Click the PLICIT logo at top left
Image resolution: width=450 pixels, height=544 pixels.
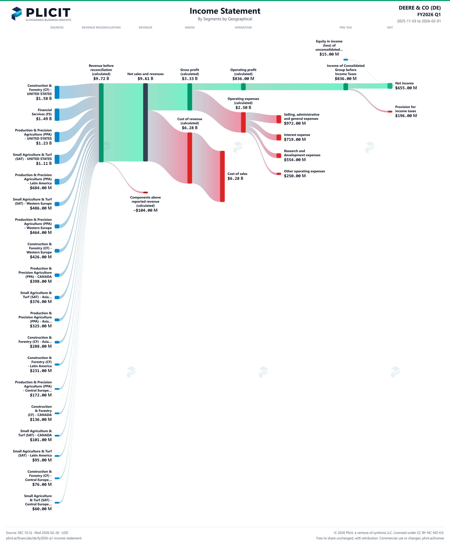[41, 14]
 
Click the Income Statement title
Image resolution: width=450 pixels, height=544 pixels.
[225, 11]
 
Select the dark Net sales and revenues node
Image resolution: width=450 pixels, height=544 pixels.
[145, 122]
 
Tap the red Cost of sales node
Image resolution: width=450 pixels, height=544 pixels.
[222, 176]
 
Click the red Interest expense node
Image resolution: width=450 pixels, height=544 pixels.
[279, 137]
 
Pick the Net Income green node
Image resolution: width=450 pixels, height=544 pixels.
[390, 86]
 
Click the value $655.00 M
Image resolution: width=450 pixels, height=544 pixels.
[406, 88]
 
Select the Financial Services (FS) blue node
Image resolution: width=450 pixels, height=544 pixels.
[57, 115]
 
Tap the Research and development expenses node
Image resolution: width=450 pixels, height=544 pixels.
[279, 155]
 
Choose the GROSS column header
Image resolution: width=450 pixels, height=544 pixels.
[190, 27]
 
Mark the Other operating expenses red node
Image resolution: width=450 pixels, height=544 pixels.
[279, 174]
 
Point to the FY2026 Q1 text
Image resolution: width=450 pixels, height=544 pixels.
[429, 14]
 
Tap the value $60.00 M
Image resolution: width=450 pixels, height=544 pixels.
[42, 509]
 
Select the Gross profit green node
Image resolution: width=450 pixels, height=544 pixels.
[190, 97]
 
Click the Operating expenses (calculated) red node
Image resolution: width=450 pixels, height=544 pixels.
[243, 122]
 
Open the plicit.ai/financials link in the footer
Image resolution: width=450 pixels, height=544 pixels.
[44, 538]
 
